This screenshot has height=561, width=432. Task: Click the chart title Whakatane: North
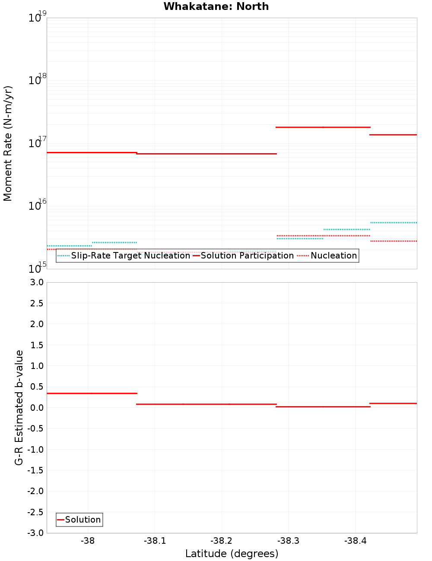[216, 6]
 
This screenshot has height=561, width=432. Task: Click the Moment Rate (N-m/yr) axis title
[8, 143]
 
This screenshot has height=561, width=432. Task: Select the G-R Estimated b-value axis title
[19, 407]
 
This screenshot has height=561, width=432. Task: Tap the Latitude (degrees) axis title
[232, 554]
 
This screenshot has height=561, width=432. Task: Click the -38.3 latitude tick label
[288, 541]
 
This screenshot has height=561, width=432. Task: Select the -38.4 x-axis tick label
[355, 541]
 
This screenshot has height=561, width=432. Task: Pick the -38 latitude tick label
[88, 541]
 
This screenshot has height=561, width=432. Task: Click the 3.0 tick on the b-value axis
[35, 282]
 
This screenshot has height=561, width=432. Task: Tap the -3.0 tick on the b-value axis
[35, 533]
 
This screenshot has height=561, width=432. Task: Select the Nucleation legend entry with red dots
[328, 255]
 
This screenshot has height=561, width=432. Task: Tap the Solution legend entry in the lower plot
[79, 520]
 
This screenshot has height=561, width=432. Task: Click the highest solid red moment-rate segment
[323, 127]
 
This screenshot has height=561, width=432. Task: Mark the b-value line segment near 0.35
[92, 393]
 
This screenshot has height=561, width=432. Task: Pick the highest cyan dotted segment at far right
[394, 223]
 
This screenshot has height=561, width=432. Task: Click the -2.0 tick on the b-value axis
[35, 491]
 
